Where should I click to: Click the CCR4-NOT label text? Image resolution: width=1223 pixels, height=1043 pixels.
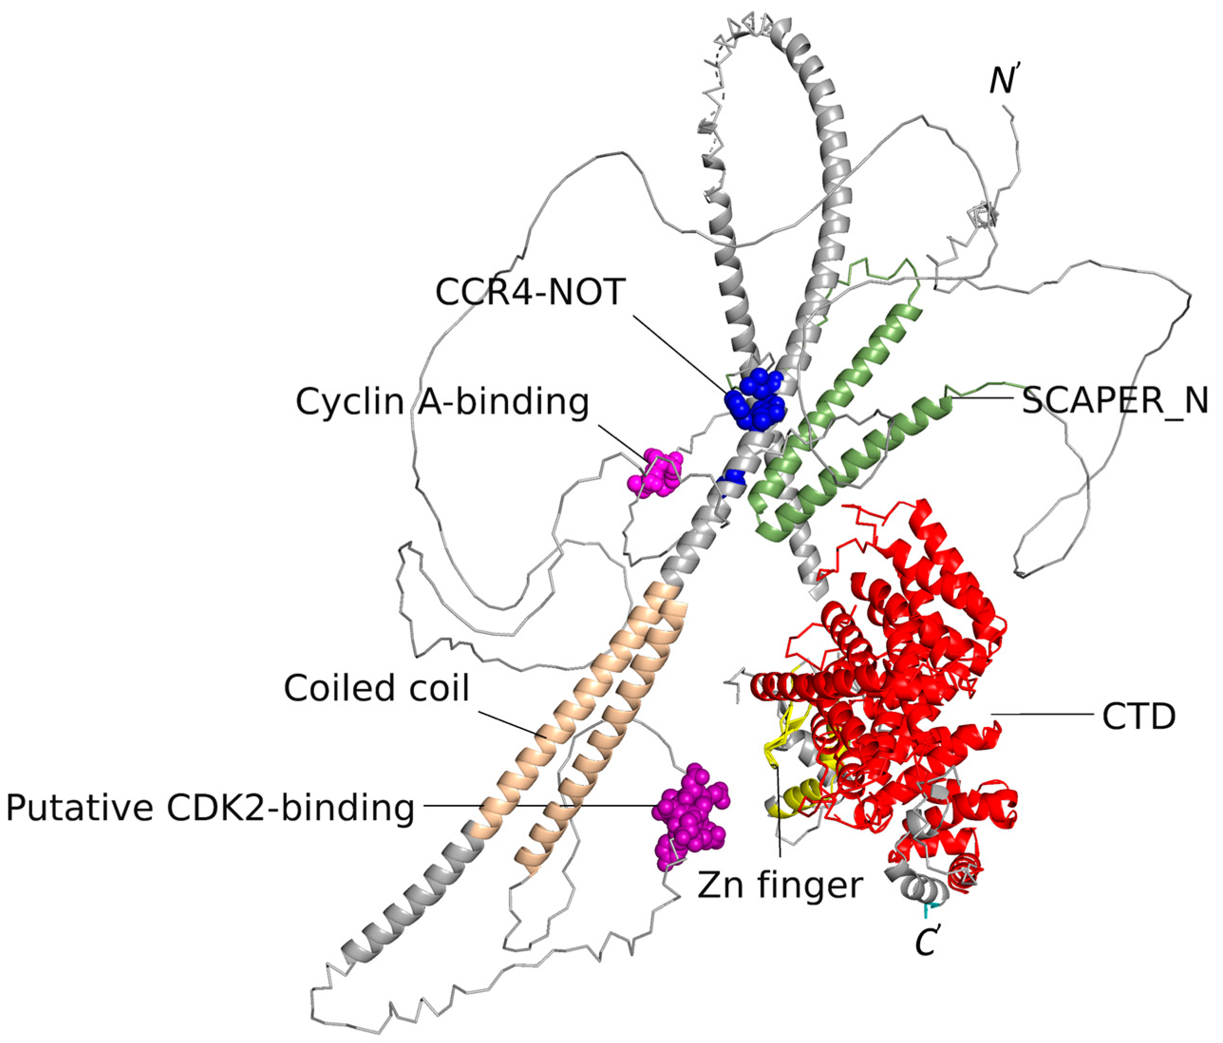[529, 291]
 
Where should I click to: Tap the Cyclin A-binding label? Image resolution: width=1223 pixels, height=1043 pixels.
[442, 402]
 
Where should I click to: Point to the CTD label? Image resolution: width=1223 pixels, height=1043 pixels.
[1138, 717]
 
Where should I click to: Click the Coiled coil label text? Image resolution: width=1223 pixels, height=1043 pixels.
[376, 688]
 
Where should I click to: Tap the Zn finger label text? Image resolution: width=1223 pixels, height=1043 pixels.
[780, 885]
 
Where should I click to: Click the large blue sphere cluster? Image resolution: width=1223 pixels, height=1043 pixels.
[755, 400]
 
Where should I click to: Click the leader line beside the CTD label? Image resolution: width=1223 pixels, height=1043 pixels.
[1042, 715]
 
